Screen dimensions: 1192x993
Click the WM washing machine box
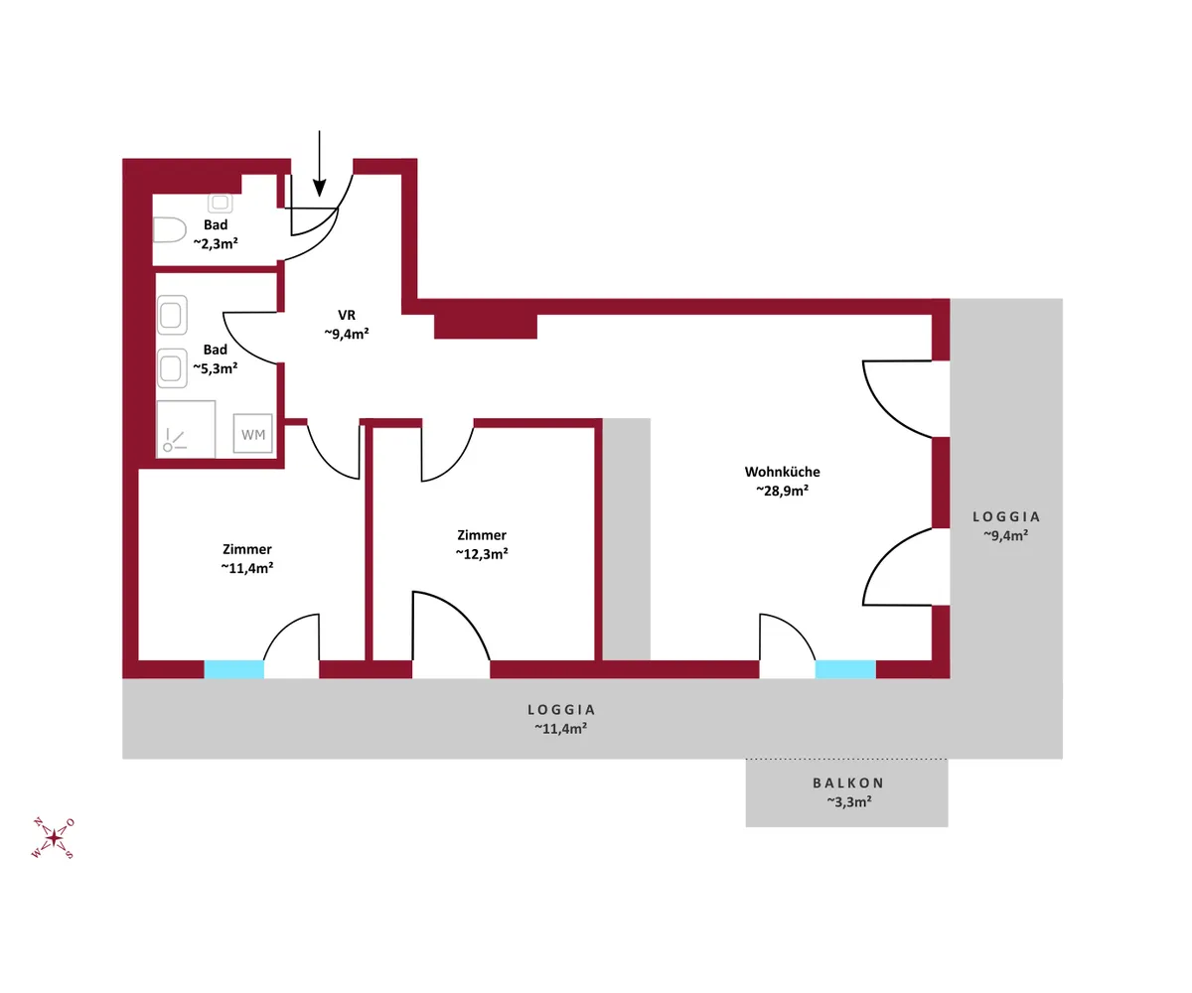click(253, 434)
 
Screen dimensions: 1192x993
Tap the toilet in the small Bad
click(170, 230)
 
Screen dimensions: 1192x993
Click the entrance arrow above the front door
click(319, 164)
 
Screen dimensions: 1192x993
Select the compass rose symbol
click(53, 838)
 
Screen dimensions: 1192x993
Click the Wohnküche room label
click(782, 472)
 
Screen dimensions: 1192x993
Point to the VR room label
click(347, 315)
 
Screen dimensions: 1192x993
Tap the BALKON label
click(848, 783)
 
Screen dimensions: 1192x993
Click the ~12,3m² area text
click(482, 553)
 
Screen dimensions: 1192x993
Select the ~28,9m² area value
click(782, 491)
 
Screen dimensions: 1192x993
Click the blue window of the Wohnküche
click(845, 669)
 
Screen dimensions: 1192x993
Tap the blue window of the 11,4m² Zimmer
click(234, 669)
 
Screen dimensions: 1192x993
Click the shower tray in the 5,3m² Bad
click(186, 429)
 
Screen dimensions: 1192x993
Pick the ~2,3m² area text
click(216, 243)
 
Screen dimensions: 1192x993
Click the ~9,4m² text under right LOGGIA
click(1006, 535)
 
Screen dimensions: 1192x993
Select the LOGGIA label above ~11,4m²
click(561, 709)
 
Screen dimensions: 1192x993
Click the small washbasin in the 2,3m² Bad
click(221, 203)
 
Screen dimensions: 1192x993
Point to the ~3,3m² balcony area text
click(849, 801)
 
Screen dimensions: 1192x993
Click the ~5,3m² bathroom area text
click(216, 368)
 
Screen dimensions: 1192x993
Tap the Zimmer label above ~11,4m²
click(247, 549)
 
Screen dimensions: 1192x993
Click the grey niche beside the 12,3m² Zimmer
click(626, 539)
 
